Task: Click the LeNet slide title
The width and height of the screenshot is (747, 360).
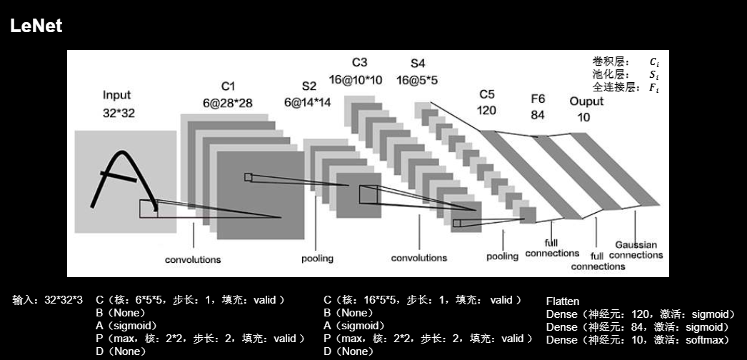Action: click(x=36, y=26)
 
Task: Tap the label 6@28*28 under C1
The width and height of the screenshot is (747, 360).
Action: click(x=227, y=103)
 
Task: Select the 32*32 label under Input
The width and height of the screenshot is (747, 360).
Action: click(x=116, y=112)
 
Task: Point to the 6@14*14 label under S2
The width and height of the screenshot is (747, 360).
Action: click(x=307, y=102)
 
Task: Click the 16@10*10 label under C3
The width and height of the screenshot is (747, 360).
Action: click(x=356, y=79)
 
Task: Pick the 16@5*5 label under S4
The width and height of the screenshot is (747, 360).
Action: click(x=418, y=79)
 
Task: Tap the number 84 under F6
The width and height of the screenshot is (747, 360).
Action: click(x=537, y=114)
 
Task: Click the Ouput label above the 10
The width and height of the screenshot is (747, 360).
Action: click(x=586, y=101)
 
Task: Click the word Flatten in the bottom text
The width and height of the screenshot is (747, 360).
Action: click(x=562, y=301)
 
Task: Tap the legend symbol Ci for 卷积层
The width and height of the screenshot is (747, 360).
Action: click(x=653, y=62)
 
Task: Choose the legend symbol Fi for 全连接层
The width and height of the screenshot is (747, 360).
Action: click(x=653, y=88)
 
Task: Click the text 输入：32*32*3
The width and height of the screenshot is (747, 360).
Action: click(x=47, y=300)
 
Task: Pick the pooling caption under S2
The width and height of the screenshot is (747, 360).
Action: click(x=317, y=258)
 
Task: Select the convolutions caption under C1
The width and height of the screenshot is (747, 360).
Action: click(x=193, y=259)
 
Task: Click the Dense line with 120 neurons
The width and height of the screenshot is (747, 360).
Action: click(x=640, y=314)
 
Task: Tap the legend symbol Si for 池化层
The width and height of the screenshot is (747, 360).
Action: click(x=653, y=75)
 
